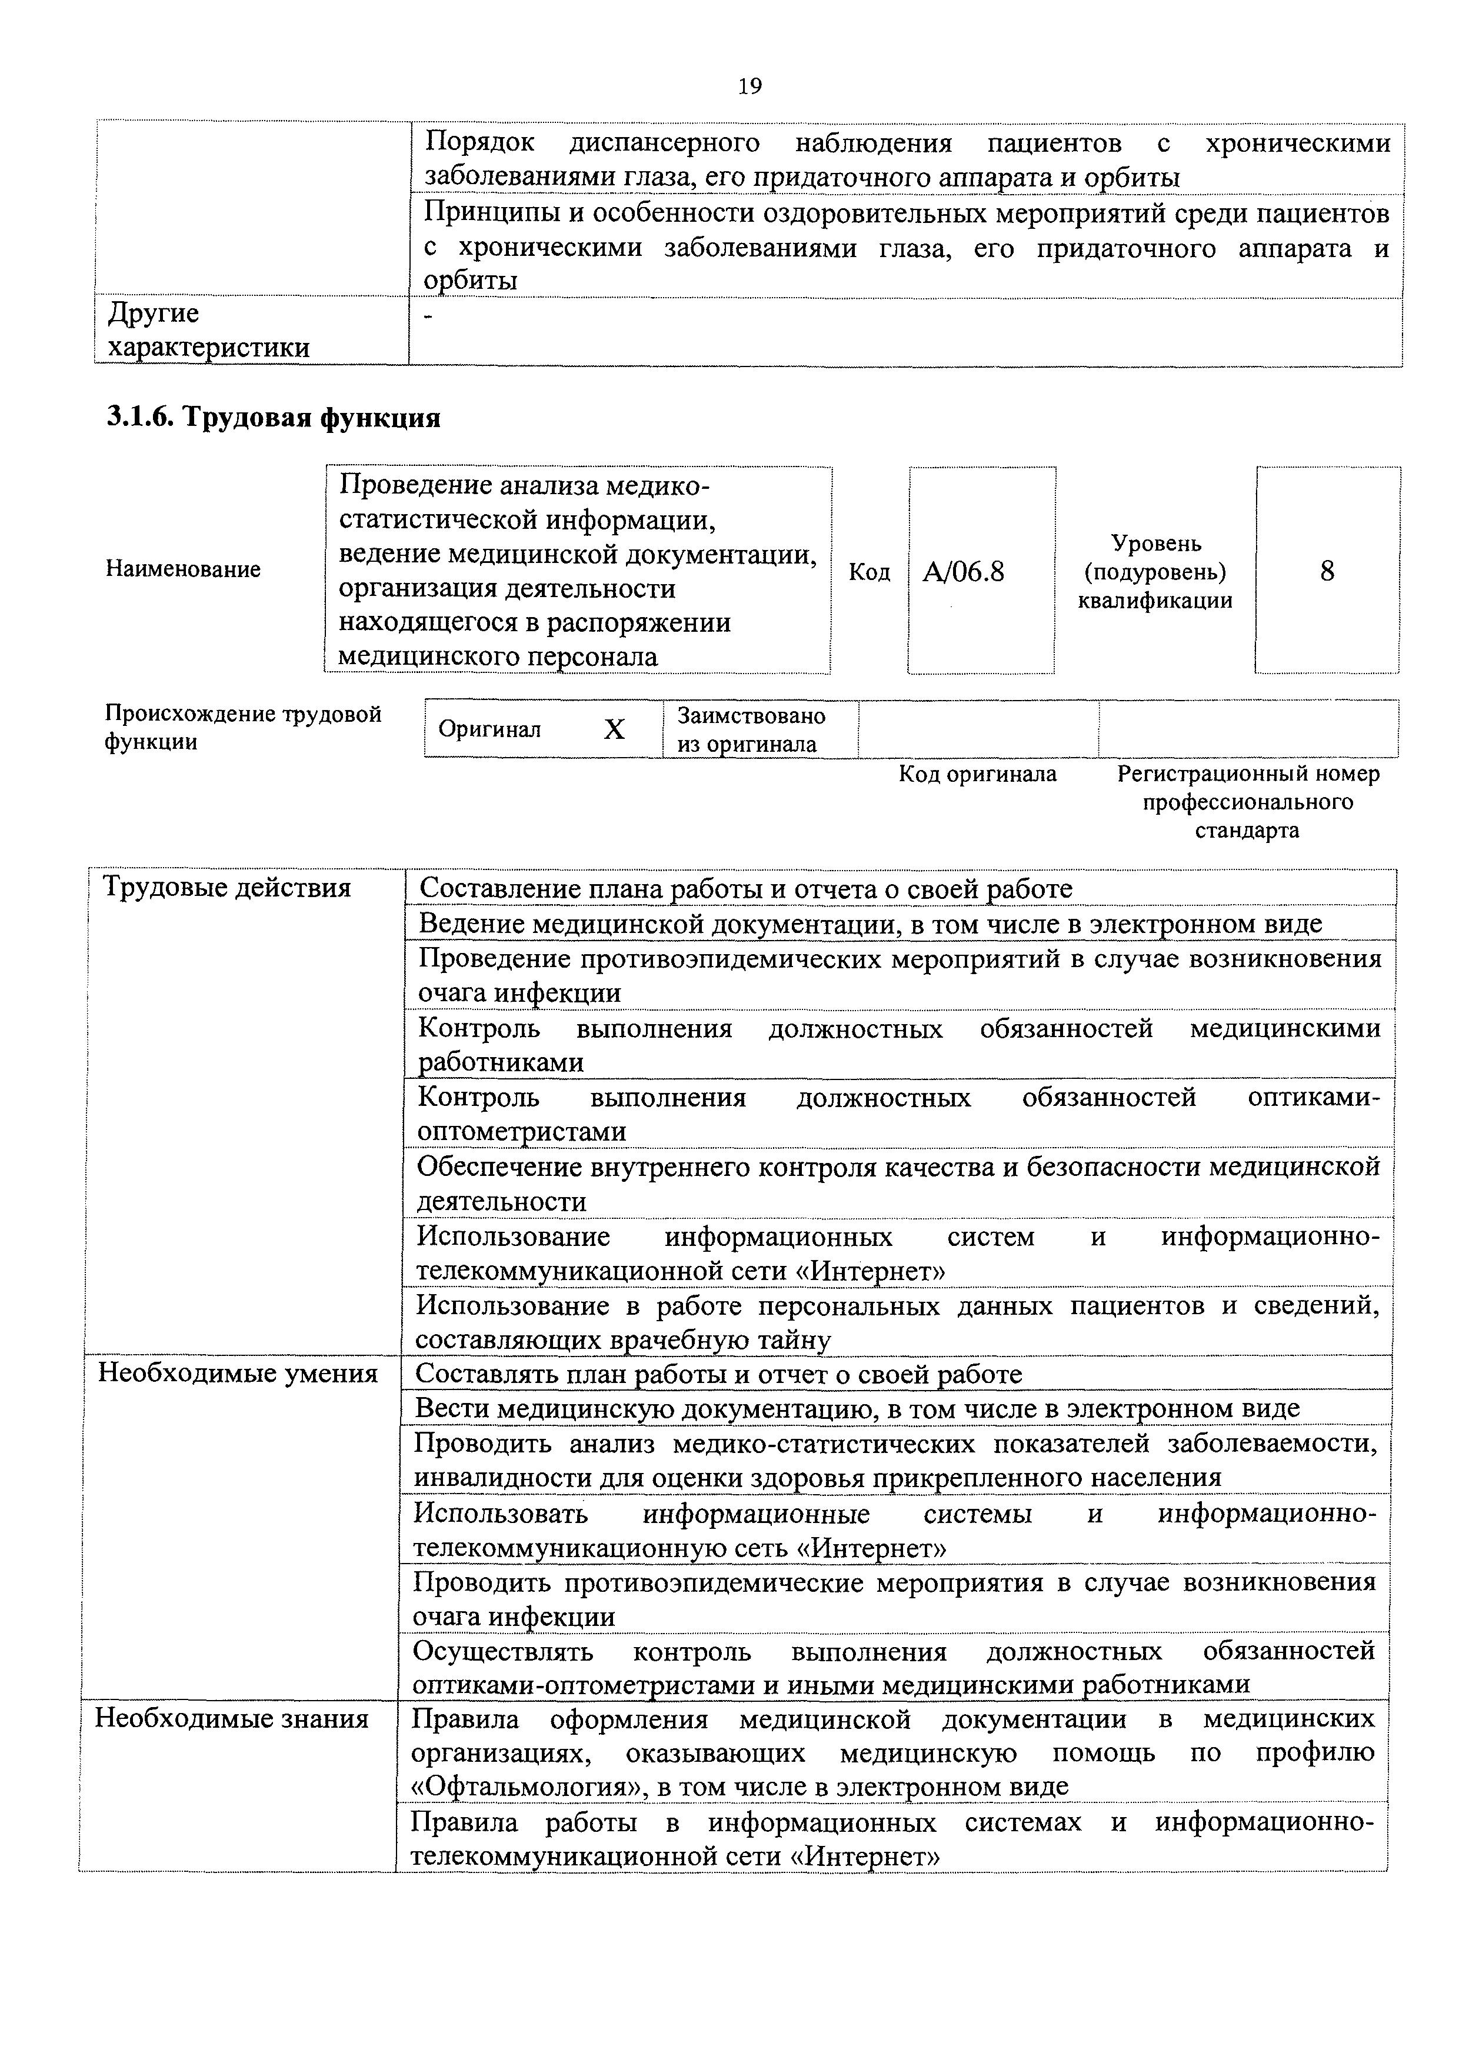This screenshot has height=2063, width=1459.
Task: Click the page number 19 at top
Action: click(750, 86)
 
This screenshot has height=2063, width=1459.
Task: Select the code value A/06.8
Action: click(963, 571)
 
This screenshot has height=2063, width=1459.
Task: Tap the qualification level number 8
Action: click(1327, 571)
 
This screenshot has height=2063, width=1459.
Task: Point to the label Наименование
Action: click(184, 569)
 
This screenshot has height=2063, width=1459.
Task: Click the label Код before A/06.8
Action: click(869, 572)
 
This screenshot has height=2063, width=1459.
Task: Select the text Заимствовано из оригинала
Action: click(750, 729)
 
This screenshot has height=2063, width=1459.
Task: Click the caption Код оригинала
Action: click(977, 774)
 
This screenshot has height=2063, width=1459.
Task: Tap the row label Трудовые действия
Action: click(226, 888)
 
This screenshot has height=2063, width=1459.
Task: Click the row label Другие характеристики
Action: click(208, 331)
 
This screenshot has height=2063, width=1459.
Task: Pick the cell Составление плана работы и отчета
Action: click(745, 889)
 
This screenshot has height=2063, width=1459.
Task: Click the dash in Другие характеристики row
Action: click(428, 316)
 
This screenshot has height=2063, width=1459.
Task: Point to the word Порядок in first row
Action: click(479, 143)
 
